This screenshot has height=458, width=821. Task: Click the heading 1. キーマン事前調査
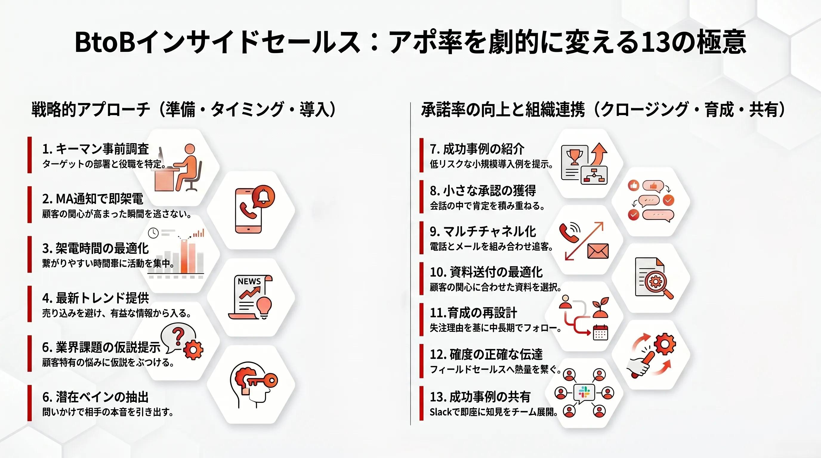pos(95,149)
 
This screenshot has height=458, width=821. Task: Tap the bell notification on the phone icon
pos(263,196)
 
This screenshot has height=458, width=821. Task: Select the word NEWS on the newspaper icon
pos(249,281)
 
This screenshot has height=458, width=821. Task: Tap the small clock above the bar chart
pos(153,233)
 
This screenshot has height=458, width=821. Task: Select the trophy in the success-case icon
pos(574,157)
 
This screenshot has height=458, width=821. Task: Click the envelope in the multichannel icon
pos(598,251)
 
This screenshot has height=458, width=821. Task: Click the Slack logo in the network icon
pos(584,392)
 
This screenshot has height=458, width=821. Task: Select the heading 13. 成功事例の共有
pos(480,397)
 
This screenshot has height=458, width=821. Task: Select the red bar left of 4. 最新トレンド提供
pos(30,304)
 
